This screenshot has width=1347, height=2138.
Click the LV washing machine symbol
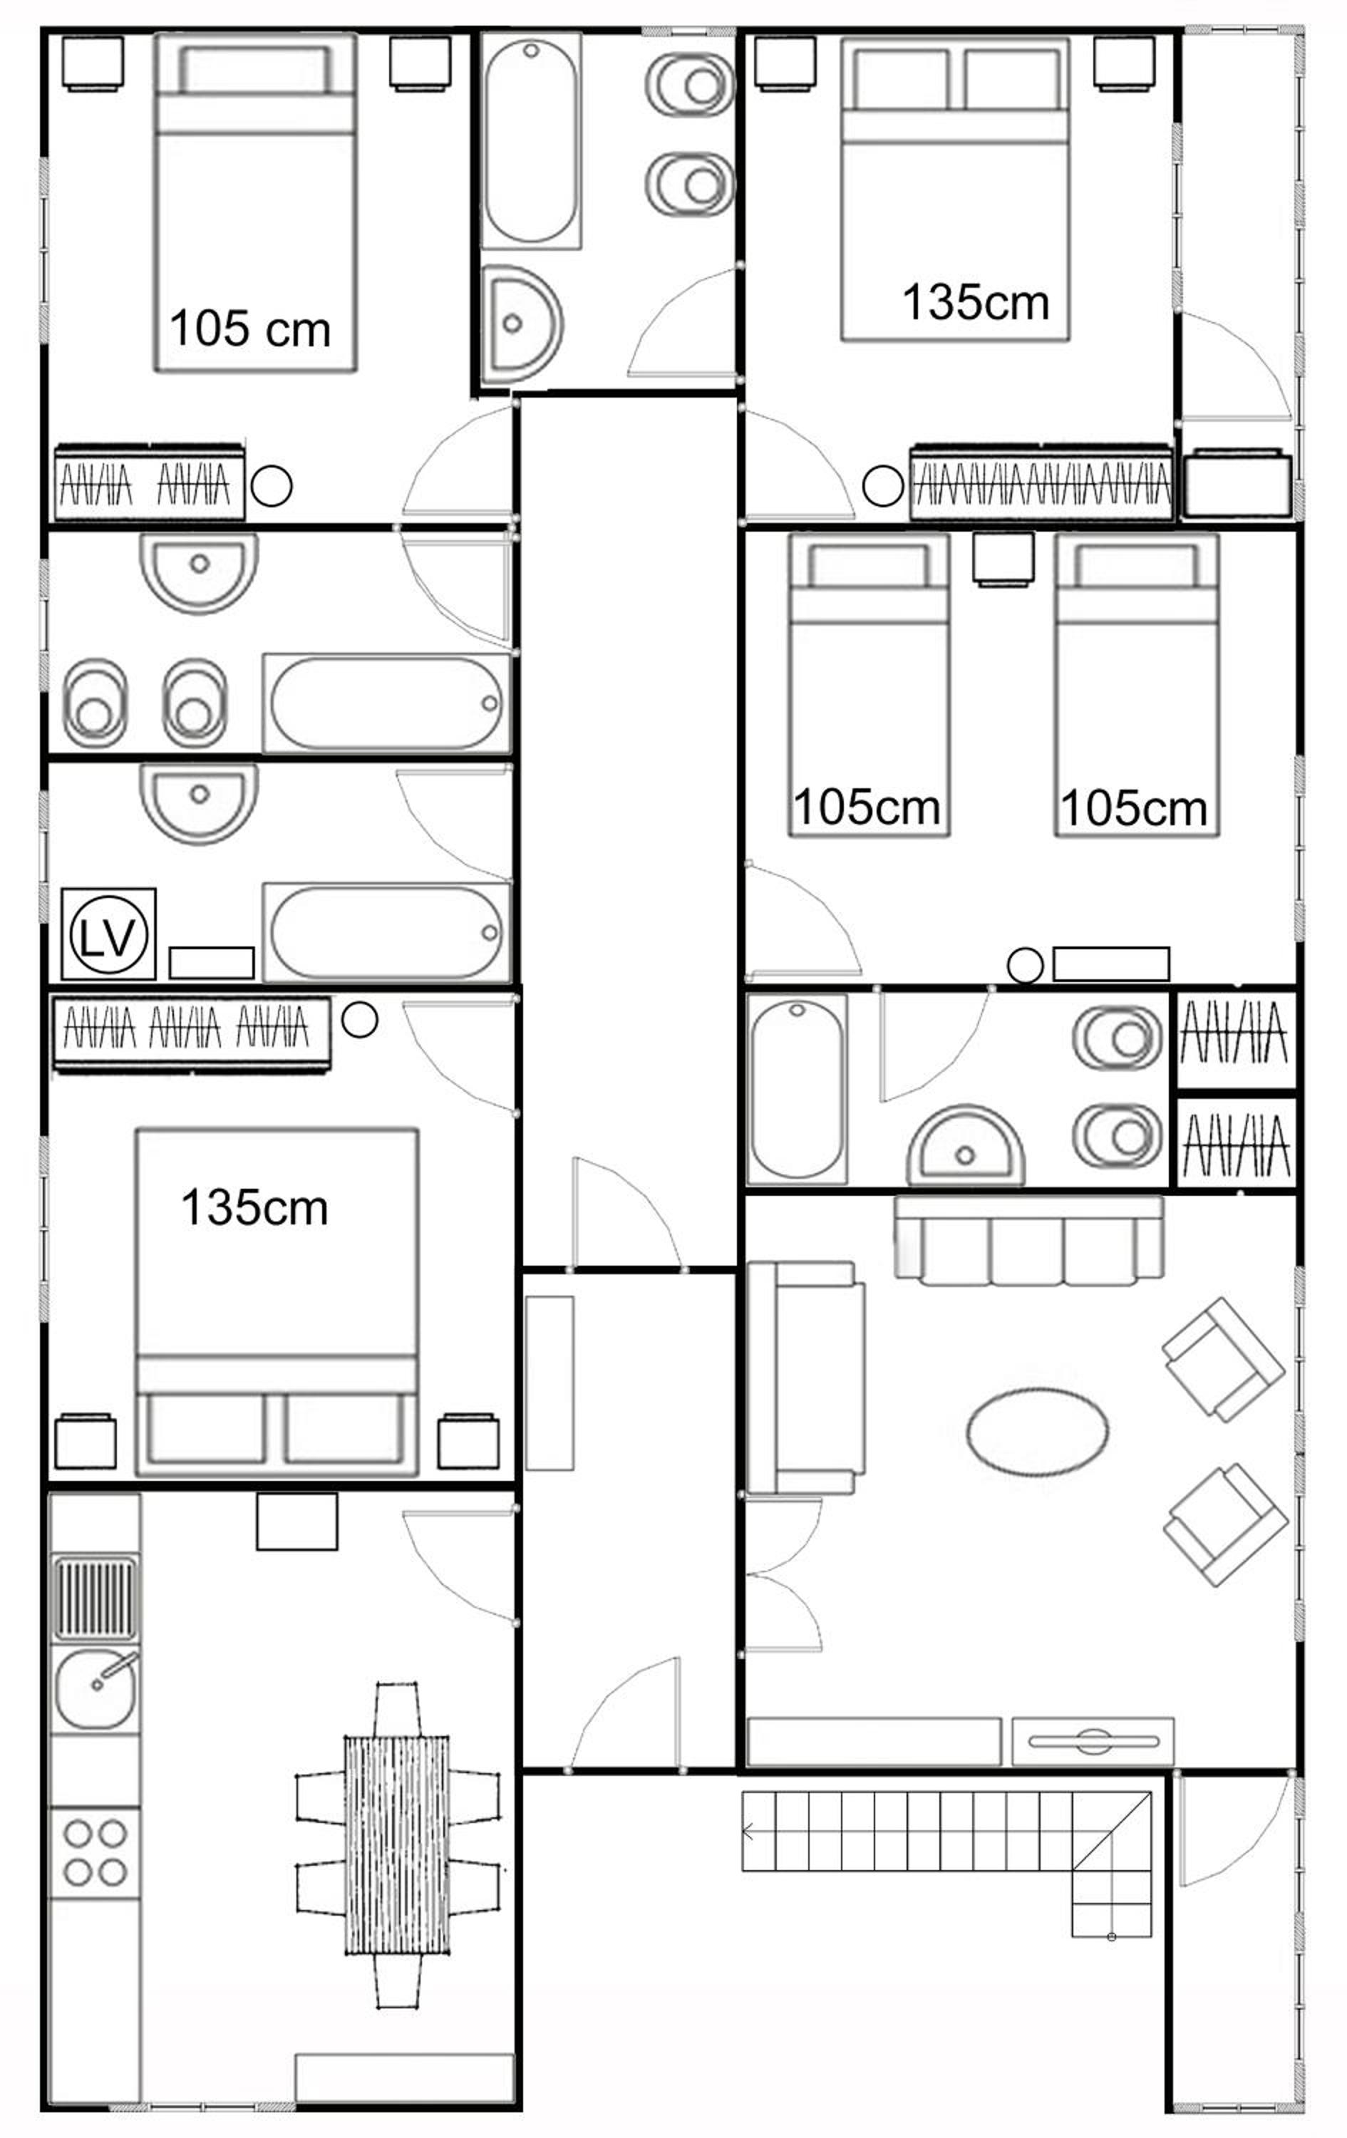pos(108,934)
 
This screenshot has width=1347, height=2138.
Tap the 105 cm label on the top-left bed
pos(250,329)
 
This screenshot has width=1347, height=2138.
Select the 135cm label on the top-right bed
pos(976,302)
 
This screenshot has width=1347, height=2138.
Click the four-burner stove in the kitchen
pos(95,1853)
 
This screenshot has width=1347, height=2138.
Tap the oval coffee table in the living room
pos(1037,1430)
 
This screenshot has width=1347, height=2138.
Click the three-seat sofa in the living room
pos(1029,1240)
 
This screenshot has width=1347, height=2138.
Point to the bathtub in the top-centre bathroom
pos(531,141)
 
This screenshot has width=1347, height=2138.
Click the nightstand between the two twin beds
pos(1003,557)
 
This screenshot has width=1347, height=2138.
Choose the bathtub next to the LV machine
pos(386,932)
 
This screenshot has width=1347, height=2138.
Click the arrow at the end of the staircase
pos(748,1832)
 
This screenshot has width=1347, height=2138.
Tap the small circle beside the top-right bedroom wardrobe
pos(882,487)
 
